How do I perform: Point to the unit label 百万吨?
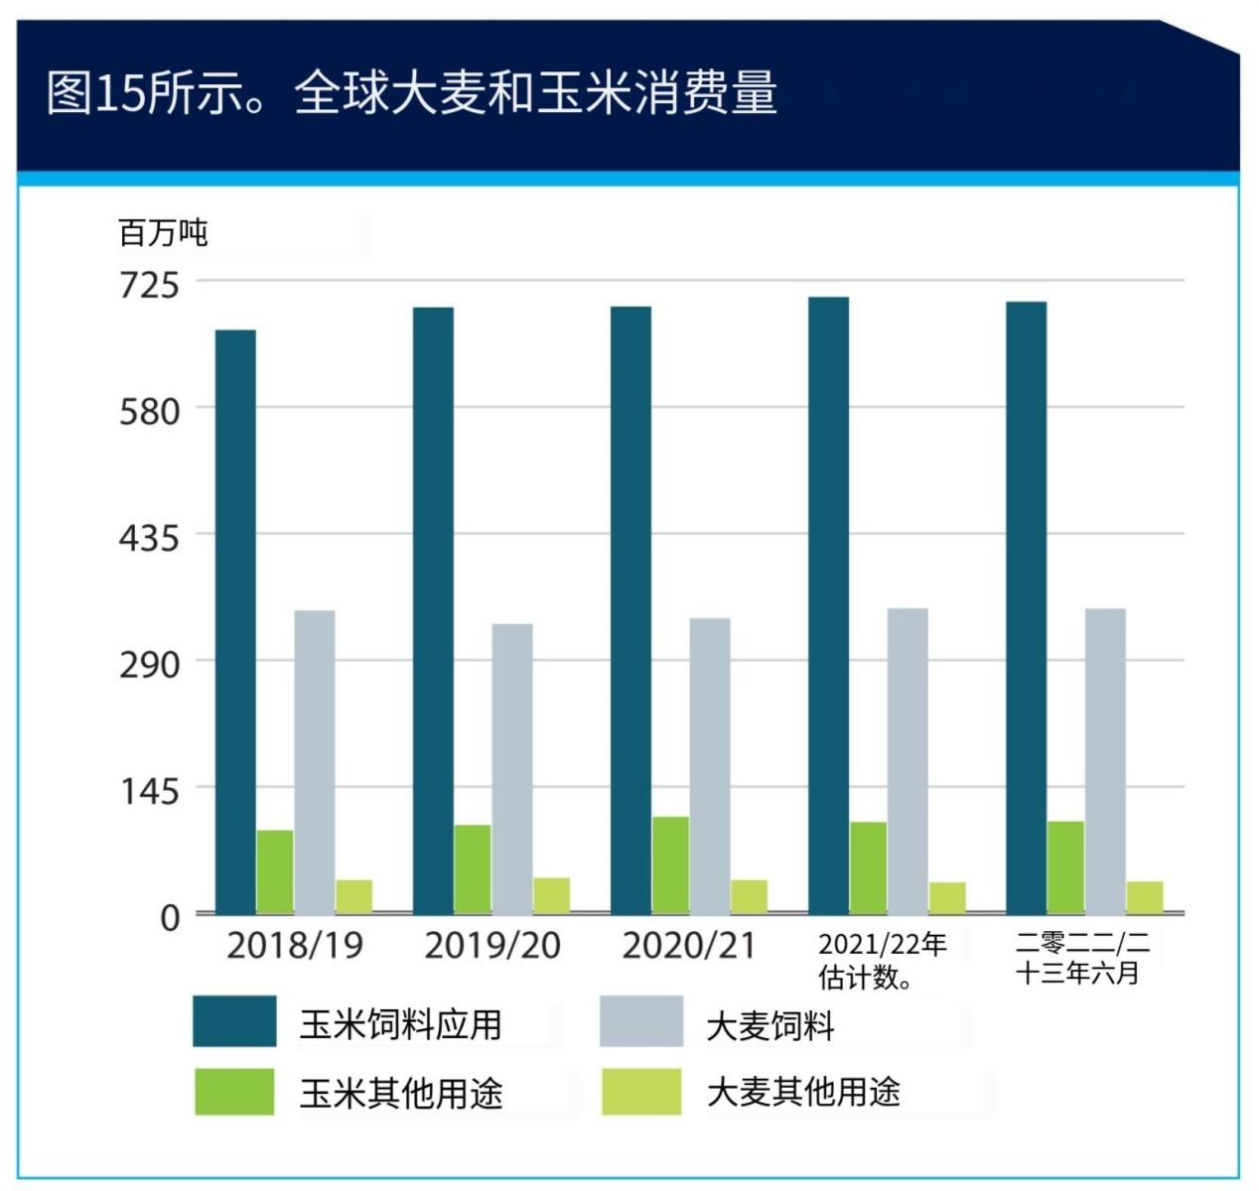163,233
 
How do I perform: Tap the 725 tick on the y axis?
150,285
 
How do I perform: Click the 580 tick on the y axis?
150,411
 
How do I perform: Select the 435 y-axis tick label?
150,538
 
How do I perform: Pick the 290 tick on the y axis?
150,664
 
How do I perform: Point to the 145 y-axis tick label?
150,791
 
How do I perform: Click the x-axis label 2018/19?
295,945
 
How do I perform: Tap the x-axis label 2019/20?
492,945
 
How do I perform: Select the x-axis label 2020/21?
689,945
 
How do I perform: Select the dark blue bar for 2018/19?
235,621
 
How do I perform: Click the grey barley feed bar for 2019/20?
512,768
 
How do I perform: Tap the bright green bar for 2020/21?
670,864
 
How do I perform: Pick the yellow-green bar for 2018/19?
353,896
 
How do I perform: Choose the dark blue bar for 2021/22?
828,604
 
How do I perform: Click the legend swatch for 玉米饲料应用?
234,1022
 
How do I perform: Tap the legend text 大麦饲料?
770,1025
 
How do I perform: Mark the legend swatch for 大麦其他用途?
641,1092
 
